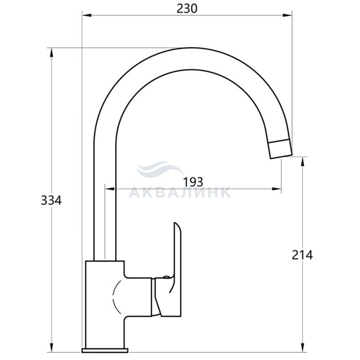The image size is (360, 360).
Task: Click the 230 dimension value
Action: [x=187, y=9]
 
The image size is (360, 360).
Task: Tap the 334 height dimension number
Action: [x=51, y=201]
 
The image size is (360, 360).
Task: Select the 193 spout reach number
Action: [x=193, y=182]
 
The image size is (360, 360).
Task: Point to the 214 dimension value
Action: [x=302, y=255]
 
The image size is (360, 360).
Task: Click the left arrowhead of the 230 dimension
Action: [x=87, y=15]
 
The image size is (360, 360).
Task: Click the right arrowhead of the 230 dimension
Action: [x=287, y=15]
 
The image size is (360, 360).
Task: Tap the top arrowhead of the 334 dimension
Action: [x=51, y=52]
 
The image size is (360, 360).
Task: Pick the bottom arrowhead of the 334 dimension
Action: [x=51, y=348]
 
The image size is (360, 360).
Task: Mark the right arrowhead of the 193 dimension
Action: [x=277, y=189]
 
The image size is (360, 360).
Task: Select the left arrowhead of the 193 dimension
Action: [x=110, y=189]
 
